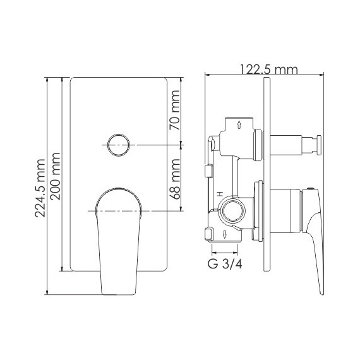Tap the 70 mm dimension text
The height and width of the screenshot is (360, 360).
click(x=176, y=111)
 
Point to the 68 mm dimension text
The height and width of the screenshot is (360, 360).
click(x=176, y=179)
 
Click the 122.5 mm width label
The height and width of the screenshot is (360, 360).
click(x=268, y=69)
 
